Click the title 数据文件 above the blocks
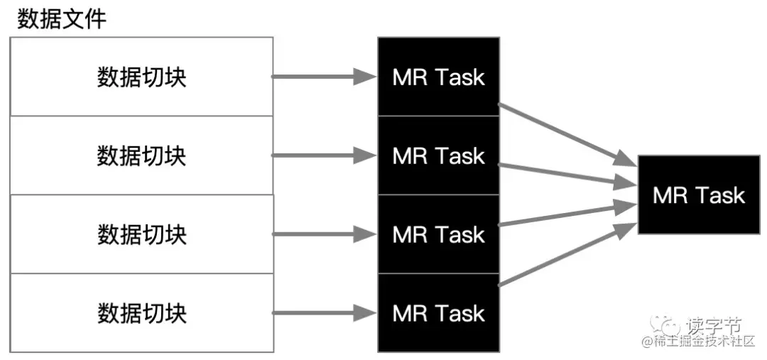(x=62, y=18)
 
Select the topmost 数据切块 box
(x=141, y=77)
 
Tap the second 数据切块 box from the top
(x=141, y=155)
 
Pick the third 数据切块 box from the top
(x=141, y=234)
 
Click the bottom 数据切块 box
(x=141, y=312)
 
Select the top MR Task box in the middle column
(x=438, y=77)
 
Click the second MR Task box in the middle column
(x=438, y=156)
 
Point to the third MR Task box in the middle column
(x=438, y=234)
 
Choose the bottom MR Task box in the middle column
(x=438, y=313)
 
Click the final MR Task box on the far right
(x=699, y=195)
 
